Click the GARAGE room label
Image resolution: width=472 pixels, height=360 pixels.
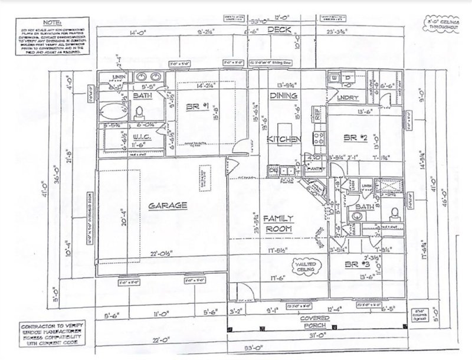coord(168,205)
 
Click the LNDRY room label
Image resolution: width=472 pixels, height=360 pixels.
coord(345,99)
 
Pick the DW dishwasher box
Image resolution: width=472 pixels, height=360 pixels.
coord(273,171)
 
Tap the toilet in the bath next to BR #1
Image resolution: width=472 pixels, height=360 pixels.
coord(140,112)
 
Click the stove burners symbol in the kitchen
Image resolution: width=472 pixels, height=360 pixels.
coord(319,138)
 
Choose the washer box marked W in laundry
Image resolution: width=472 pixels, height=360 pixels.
coord(335,78)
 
